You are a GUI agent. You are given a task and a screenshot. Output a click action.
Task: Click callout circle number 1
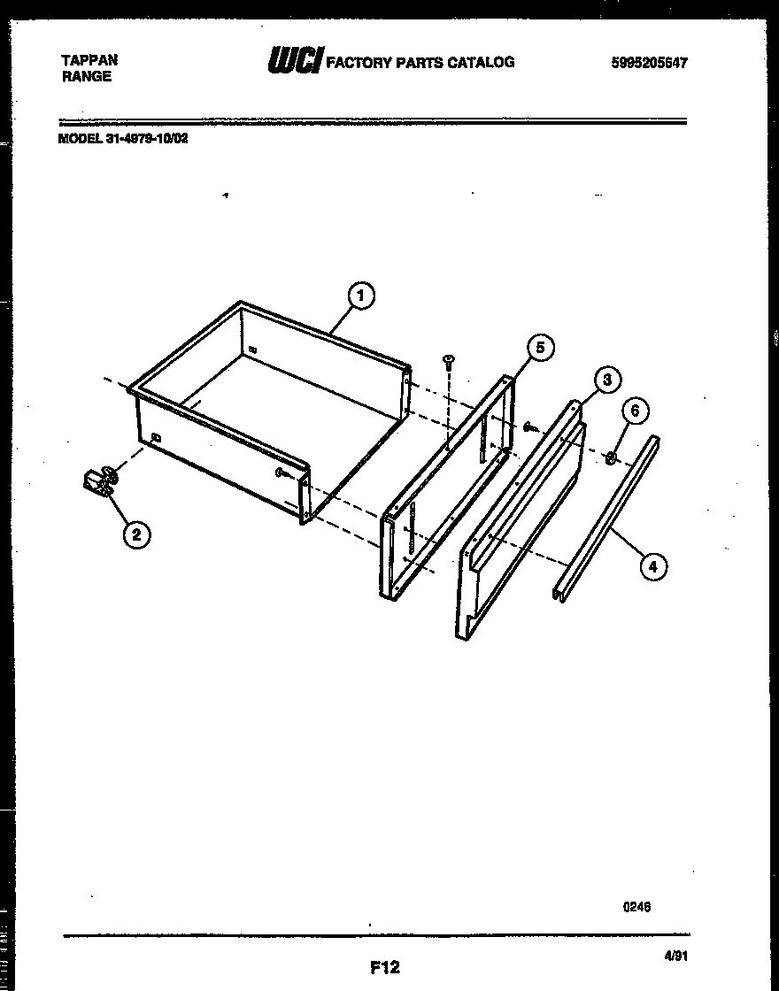361,296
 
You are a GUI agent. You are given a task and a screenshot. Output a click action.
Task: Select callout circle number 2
135,534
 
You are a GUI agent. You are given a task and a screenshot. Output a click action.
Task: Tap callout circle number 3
605,380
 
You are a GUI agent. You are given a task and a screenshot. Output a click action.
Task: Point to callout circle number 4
652,566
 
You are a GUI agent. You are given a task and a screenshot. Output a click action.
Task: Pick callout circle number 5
542,348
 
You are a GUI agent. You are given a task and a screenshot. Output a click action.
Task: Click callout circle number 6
634,410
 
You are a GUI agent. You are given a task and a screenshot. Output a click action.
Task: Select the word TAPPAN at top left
89,60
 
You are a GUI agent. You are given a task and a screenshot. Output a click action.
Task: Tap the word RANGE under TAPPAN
87,76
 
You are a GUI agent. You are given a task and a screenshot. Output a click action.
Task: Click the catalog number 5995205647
649,62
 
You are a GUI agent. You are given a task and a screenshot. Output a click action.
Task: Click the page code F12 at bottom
384,968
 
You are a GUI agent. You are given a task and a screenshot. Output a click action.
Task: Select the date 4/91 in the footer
675,956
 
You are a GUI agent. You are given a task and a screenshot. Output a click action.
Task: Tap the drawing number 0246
637,906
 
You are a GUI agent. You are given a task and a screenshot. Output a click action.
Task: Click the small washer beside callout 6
611,457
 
